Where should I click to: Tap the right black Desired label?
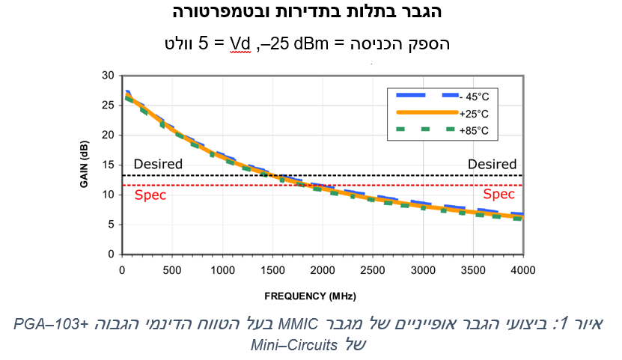coord(492,164)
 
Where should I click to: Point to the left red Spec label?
coord(150,195)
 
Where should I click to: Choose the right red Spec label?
coord(503,195)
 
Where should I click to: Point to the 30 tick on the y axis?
coord(108,76)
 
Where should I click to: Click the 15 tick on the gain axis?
coord(108,165)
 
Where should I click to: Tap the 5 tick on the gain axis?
coord(111,225)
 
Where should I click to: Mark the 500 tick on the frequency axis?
coord(171,269)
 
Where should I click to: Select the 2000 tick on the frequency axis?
coord(323,269)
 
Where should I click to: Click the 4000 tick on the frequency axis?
coord(522,269)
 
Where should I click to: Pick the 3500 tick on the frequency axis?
coord(473,269)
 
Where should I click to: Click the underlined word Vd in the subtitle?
coord(240,44)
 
